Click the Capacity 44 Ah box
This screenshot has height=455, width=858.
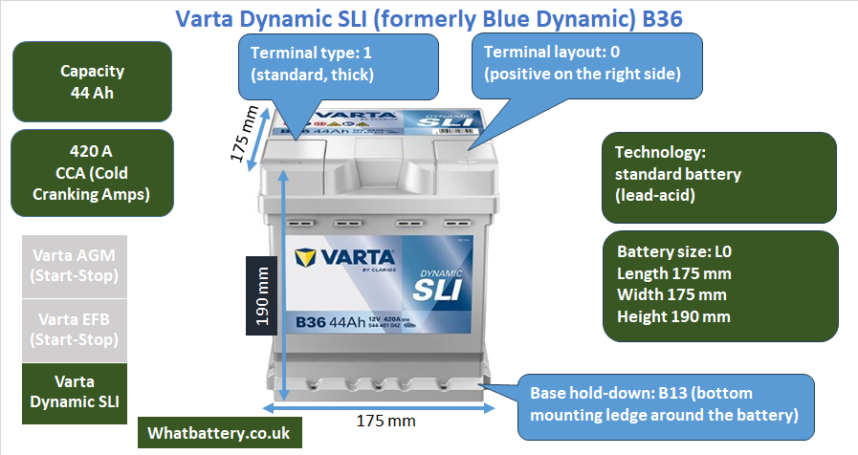pos(92,82)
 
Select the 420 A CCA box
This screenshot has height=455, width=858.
pos(92,173)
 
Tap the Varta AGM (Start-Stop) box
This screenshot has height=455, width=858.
pos(75,266)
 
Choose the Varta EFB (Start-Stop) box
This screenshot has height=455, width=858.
pos(75,329)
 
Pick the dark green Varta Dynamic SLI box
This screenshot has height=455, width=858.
pos(75,391)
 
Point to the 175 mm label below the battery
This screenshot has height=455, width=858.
pos(385,421)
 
